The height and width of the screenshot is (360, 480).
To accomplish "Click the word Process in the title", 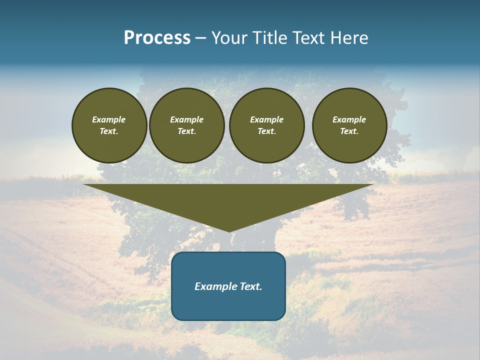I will [157, 38].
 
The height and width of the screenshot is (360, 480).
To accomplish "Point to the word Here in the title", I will [349, 38].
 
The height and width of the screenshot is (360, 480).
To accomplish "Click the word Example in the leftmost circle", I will [109, 119].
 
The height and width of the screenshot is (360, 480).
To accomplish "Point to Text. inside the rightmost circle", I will [349, 131].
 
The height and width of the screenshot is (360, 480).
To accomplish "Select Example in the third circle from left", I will [266, 119].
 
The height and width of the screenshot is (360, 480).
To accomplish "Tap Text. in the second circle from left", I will [186, 131].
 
